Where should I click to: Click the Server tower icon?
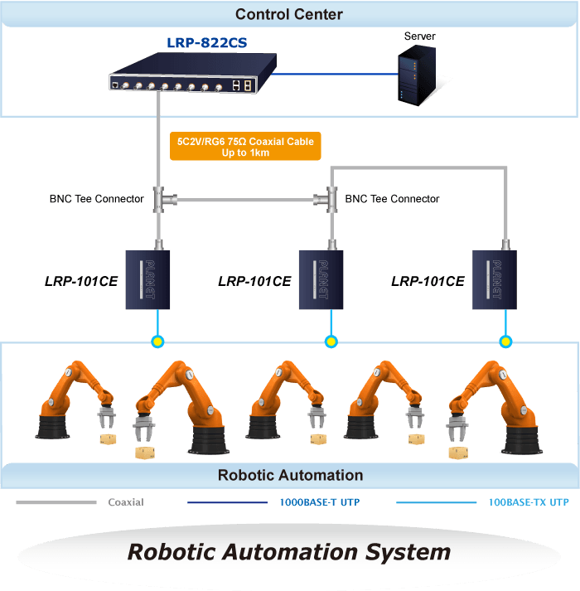tap(417, 75)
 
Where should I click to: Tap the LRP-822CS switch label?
tap(207, 43)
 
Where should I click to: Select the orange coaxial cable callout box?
tap(245, 146)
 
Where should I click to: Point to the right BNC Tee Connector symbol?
tap(326, 200)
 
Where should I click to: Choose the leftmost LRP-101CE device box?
tap(147, 279)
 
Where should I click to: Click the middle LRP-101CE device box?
tap(321, 279)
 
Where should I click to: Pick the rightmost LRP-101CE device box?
tap(495, 279)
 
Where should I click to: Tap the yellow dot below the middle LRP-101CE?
tap(331, 342)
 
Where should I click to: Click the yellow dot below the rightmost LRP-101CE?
tap(505, 342)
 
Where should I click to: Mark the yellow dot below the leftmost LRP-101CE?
tap(157, 342)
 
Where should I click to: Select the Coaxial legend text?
tap(126, 502)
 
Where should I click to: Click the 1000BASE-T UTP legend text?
tap(320, 502)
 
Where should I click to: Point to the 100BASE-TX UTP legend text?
tap(529, 502)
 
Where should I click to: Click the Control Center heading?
tap(289, 14)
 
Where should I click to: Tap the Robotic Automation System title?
tap(289, 552)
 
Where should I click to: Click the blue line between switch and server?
tap(334, 74)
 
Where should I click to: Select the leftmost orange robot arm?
tap(75, 400)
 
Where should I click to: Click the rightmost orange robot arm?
tap(495, 407)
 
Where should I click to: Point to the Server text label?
tap(419, 36)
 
